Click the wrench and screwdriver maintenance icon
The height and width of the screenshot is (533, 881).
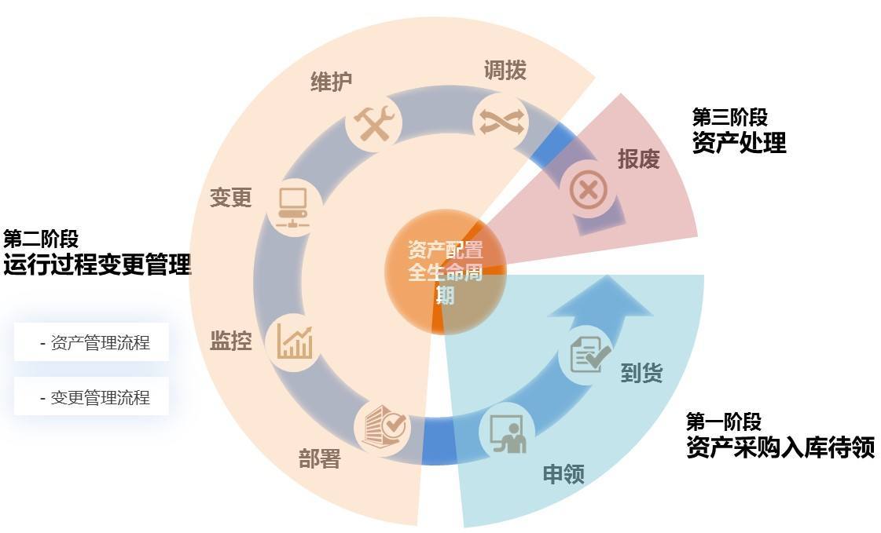(373, 124)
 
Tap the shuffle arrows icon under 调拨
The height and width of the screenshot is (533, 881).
(501, 121)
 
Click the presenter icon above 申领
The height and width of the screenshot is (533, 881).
(507, 433)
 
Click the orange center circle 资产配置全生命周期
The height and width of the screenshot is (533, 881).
(445, 271)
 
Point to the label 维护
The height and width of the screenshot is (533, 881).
(331, 82)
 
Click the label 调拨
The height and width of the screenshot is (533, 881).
(505, 71)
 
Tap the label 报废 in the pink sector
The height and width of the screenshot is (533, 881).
(638, 159)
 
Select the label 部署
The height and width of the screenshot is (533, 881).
(319, 458)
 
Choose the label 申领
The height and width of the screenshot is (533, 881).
(563, 473)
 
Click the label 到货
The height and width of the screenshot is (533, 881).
(641, 373)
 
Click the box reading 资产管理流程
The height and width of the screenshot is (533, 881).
(92, 342)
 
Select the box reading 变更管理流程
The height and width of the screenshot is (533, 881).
(92, 397)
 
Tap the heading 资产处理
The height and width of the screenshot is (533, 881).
(739, 142)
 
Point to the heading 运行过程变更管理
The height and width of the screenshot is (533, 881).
(97, 265)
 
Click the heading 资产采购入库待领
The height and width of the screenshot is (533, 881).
(780, 447)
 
